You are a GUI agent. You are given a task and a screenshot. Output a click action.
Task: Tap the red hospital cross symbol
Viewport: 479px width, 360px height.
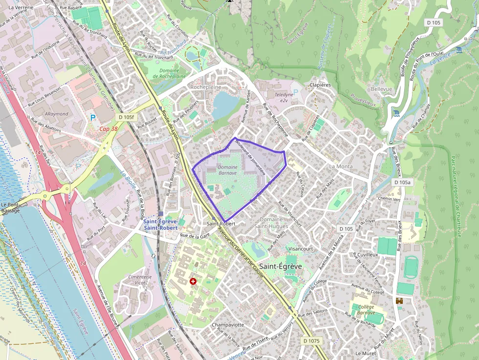coord(193,281)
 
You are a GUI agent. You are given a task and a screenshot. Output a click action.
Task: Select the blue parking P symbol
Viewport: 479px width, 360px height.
coord(93,117)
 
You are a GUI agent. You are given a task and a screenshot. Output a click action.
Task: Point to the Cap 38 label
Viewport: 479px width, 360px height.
coord(108,129)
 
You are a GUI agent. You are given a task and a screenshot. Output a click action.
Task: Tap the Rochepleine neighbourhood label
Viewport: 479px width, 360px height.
coord(205,87)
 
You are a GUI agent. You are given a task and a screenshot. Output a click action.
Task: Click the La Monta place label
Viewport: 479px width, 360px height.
coord(340,167)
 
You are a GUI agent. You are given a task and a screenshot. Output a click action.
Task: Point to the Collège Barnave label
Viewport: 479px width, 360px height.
coord(363,310)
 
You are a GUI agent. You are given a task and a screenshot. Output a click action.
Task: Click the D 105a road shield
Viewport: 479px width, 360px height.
coord(403,182)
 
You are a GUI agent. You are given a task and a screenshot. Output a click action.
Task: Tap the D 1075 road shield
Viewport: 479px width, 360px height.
coord(311,340)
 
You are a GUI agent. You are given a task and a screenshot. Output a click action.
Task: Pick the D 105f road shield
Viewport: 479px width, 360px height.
coord(126,117)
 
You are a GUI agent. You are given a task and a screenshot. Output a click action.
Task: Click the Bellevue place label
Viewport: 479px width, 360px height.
coord(381,89)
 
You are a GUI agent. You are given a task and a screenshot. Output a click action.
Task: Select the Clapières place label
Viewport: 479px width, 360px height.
coord(320,85)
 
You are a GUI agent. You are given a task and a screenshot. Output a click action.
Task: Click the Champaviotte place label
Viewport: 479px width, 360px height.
coord(228,325)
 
